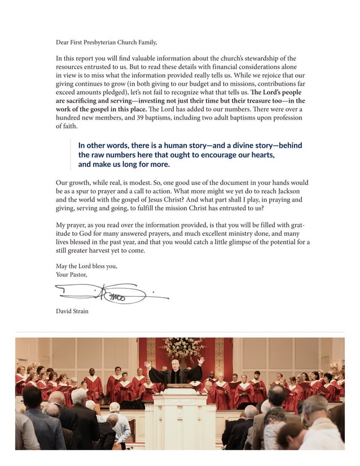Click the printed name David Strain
72,311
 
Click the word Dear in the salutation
62,42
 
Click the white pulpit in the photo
180,417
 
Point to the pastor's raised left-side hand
148,364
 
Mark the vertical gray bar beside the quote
71,155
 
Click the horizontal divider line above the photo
179,332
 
